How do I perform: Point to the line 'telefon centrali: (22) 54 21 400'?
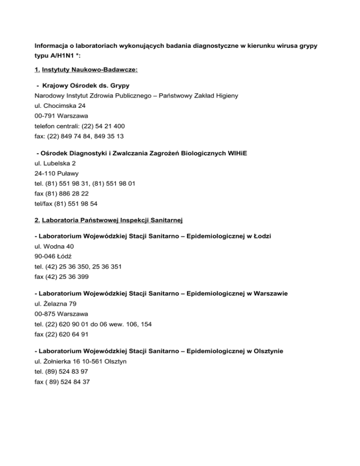point(79,126)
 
